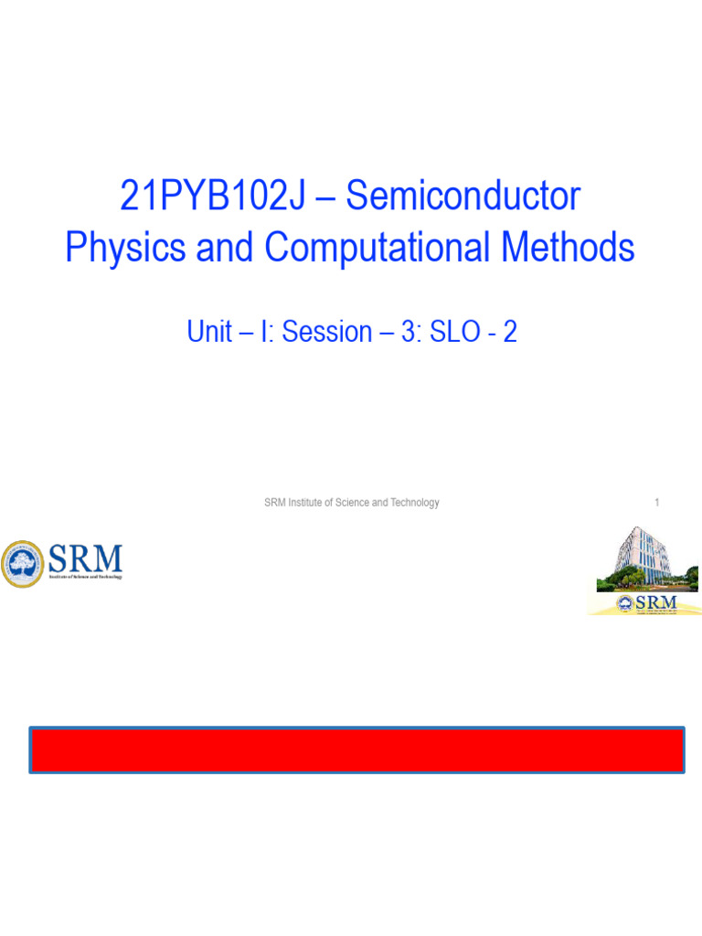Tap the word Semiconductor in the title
click(x=463, y=197)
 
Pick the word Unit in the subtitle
click(x=208, y=332)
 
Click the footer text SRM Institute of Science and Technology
click(x=351, y=503)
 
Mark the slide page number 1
click(x=656, y=503)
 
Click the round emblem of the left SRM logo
click(x=22, y=564)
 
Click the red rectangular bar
click(x=356, y=750)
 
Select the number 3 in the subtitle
click(x=407, y=332)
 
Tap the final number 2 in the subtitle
click(x=510, y=332)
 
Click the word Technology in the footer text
click(x=415, y=503)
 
